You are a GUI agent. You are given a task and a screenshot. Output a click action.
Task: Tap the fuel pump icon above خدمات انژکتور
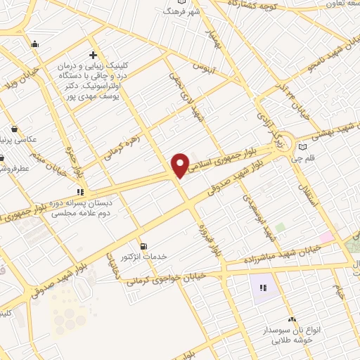coord(144,246)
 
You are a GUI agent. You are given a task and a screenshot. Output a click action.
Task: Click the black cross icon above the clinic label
coord(93,55)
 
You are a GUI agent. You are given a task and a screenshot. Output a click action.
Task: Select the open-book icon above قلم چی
coord(303,147)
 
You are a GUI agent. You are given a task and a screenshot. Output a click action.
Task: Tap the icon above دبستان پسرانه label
coord(80,191)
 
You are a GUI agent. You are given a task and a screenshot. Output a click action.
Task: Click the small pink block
coord(328,236)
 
